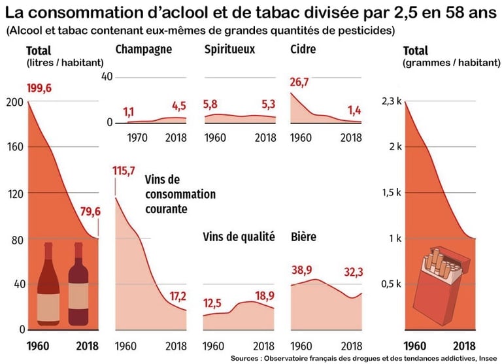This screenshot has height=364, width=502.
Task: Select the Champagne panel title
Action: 143,50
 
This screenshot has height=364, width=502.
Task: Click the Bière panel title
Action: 303,237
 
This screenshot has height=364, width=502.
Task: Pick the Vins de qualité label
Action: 239,237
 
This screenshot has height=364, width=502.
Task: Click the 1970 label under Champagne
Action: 137,138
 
